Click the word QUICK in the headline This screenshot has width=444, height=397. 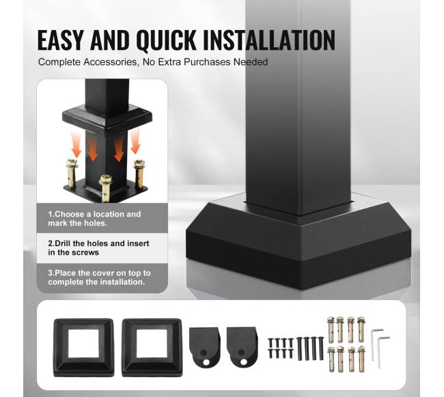[166, 40]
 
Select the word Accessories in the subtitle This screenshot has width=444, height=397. [110, 62]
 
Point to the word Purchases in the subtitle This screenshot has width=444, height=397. [207, 62]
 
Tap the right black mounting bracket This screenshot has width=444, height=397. [242, 346]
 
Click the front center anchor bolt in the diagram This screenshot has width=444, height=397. [105, 188]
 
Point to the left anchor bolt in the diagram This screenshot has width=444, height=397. [72, 174]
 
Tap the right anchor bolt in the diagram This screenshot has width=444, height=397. [139, 174]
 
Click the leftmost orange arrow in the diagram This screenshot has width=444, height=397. [76, 144]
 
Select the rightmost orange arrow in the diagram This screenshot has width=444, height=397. [136, 141]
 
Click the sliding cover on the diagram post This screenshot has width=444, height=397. [107, 119]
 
